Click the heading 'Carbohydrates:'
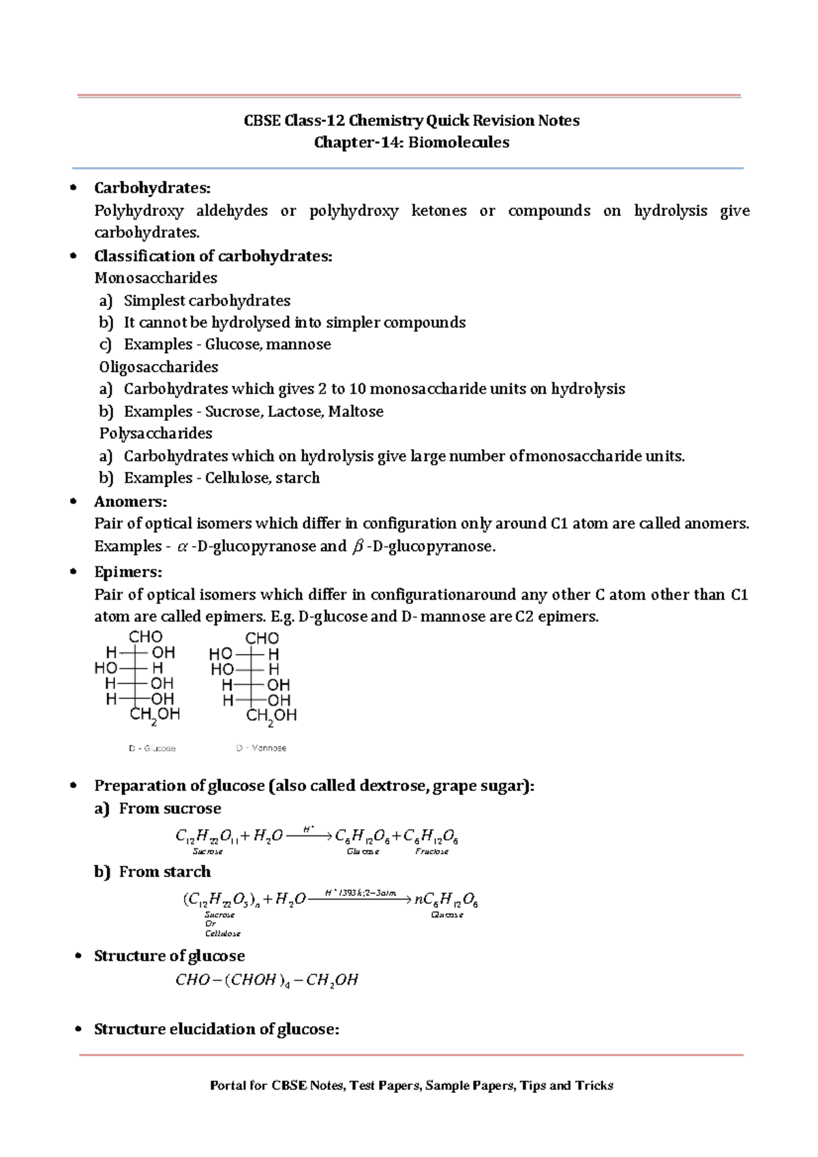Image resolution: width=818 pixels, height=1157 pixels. click(x=152, y=187)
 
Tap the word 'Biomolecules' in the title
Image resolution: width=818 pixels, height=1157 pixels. click(x=459, y=142)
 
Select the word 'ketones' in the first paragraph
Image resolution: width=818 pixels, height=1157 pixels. click(x=439, y=211)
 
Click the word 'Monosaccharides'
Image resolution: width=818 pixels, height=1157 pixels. click(x=155, y=278)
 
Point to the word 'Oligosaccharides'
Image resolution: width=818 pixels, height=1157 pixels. click(x=159, y=367)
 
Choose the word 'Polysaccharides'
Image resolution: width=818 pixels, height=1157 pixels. click(x=155, y=433)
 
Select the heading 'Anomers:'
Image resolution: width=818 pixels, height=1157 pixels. click(x=130, y=502)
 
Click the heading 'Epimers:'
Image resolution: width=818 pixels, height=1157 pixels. click(x=127, y=572)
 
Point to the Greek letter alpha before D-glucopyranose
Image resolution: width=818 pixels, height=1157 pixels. click(x=182, y=546)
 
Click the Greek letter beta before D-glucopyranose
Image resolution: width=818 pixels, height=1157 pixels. click(x=357, y=546)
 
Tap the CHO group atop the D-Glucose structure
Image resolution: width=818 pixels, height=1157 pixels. click(x=146, y=636)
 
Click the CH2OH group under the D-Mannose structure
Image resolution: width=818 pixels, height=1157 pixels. click(x=271, y=716)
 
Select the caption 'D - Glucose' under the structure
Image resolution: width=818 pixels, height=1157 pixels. click(x=152, y=748)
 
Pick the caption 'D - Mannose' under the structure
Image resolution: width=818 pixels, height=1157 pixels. click(x=261, y=748)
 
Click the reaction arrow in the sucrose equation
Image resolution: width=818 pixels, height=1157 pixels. click(x=309, y=835)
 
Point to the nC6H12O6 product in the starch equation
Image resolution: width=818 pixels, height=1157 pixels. click(x=446, y=900)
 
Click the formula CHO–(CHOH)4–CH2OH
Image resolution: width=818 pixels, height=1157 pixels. click(x=267, y=980)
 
